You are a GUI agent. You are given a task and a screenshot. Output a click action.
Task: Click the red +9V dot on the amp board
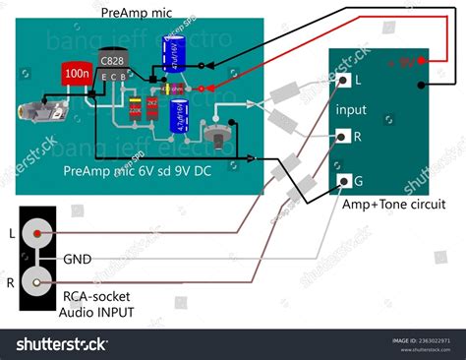click(422, 62)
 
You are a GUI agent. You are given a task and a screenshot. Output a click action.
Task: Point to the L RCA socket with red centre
click(38, 234)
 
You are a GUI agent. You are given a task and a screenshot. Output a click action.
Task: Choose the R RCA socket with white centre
click(38, 283)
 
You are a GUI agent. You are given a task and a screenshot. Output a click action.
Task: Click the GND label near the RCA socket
click(79, 260)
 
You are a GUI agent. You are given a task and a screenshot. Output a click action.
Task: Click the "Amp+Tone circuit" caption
click(393, 205)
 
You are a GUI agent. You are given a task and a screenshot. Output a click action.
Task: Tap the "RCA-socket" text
click(96, 296)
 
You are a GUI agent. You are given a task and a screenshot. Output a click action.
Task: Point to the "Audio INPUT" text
click(96, 313)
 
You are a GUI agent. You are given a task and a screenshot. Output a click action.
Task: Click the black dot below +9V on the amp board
click(422, 85)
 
